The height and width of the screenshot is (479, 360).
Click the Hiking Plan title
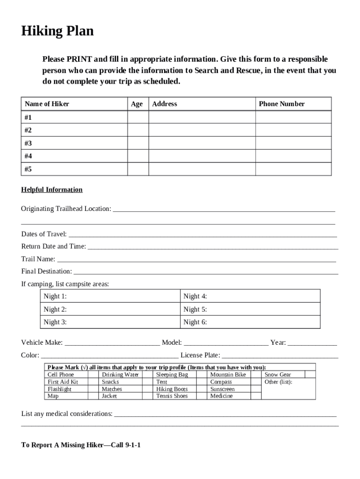pos(58,31)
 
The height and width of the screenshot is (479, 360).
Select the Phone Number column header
pos(281,104)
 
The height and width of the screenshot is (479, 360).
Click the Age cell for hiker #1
pos(138,117)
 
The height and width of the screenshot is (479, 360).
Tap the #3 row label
pos(29,143)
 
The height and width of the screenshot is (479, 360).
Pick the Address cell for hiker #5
pos(202,169)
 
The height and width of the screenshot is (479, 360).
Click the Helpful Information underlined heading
pos(52,189)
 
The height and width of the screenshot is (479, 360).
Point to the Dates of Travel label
pos(44,234)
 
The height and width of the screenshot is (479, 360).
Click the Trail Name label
pos(38,259)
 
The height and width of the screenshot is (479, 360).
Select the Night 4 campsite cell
pos(250,296)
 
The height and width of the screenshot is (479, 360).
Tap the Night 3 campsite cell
pos(110,322)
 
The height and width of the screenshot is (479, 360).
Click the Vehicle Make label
pos(42,342)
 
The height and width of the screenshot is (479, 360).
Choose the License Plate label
pos(200,355)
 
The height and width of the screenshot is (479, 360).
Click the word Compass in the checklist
pos(221,382)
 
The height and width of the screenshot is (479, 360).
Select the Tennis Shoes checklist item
pos(172,396)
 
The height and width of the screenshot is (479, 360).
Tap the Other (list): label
pos(278,382)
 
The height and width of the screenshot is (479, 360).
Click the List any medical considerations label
pos(67,414)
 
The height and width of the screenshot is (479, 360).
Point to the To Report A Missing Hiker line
pos(81,445)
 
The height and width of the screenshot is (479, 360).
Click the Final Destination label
pos(47,271)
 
